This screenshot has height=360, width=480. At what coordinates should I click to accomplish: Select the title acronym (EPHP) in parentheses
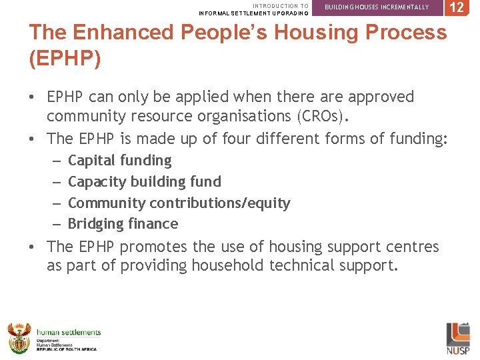(65, 59)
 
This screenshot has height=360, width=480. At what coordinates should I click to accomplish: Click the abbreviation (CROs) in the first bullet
(311, 116)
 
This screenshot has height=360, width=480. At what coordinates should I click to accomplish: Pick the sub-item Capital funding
(120, 161)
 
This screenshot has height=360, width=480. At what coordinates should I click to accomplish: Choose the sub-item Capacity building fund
(145, 182)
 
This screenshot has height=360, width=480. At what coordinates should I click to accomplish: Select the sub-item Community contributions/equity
(179, 203)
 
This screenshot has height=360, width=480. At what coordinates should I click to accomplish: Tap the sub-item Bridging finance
(123, 224)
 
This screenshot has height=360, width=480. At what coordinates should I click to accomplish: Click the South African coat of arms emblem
(19, 337)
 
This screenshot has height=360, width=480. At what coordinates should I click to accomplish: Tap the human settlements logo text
(69, 332)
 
